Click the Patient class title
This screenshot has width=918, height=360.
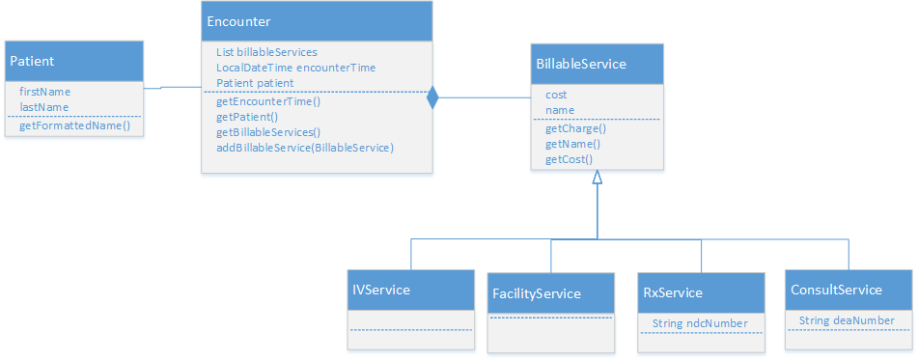click(x=32, y=61)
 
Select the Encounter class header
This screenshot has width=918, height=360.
click(x=239, y=21)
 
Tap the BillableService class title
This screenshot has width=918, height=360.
click(x=581, y=64)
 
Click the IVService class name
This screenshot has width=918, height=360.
click(x=379, y=289)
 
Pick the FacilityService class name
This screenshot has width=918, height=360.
click(x=537, y=292)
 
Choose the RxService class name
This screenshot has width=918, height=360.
click(x=673, y=291)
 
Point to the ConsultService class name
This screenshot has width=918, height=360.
click(x=836, y=290)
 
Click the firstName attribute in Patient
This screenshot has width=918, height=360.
click(x=45, y=92)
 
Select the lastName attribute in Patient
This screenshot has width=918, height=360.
click(x=44, y=107)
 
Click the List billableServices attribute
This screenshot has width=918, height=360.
click(x=267, y=52)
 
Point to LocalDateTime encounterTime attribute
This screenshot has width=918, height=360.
click(x=295, y=68)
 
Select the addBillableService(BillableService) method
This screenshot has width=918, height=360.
click(x=305, y=148)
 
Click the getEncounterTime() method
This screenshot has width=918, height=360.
click(x=268, y=100)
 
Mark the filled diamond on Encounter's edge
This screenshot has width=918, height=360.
click(x=432, y=97)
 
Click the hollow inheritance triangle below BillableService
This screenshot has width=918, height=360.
click(x=598, y=178)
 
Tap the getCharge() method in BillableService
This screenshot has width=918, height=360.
click(x=575, y=127)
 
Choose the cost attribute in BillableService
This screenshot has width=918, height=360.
click(x=556, y=95)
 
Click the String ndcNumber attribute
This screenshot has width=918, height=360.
click(x=693, y=322)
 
